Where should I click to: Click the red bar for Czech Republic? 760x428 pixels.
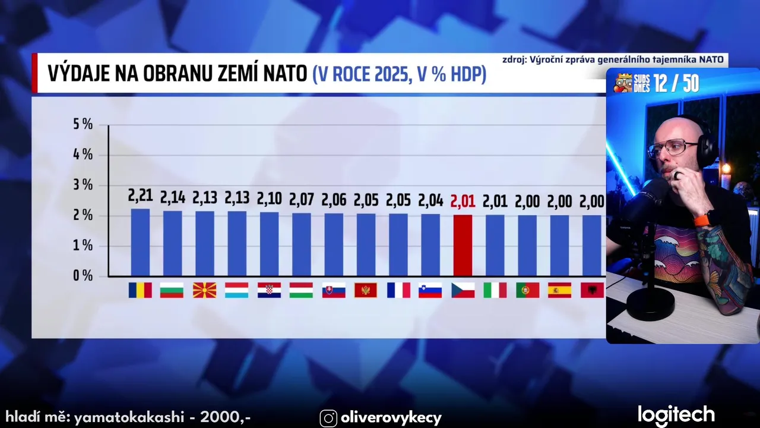[463, 245]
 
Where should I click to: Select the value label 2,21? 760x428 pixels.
[140, 196]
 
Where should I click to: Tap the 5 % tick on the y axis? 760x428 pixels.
[83, 125]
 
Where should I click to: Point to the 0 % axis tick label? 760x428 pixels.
[83, 276]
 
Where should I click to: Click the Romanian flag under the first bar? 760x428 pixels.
[140, 290]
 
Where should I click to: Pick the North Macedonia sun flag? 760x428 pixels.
[204, 290]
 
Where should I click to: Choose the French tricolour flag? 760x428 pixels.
[398, 290]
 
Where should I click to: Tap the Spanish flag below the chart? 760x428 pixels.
[559, 290]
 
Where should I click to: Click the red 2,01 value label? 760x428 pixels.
[463, 202]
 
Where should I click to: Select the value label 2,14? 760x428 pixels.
[172, 197]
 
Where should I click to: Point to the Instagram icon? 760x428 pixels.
[328, 418]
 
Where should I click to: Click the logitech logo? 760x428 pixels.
[676, 415]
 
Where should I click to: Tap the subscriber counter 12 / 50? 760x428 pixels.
[676, 84]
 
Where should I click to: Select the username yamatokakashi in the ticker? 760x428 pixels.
[129, 417]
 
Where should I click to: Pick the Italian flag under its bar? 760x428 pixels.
[495, 290]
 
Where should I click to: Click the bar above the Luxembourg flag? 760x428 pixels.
[236, 243]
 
